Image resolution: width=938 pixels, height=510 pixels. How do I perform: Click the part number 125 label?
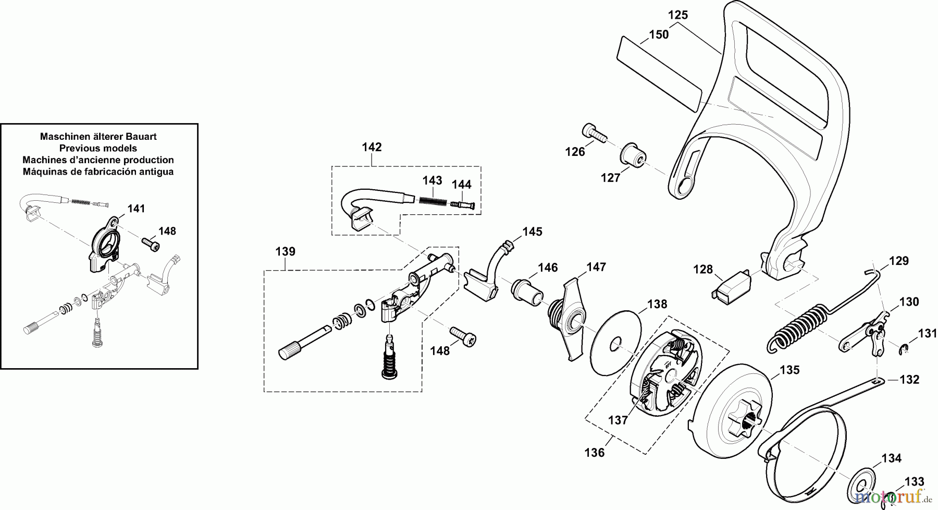(678, 15)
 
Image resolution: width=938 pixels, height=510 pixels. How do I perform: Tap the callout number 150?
(659, 35)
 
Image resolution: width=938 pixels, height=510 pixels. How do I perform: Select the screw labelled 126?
(593, 132)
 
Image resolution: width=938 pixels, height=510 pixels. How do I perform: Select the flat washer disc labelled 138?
(615, 342)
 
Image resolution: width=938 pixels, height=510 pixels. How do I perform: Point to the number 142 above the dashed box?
(372, 147)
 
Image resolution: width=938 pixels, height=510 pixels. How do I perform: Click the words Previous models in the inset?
(98, 148)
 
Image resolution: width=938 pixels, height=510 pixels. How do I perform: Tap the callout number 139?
(286, 252)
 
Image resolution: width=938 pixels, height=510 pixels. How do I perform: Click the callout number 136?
(595, 453)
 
